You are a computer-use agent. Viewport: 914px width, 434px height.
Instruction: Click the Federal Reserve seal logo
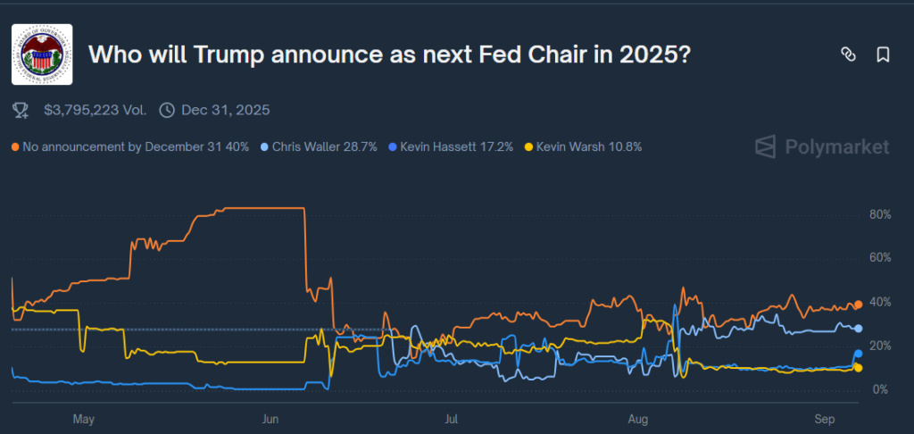click(x=42, y=54)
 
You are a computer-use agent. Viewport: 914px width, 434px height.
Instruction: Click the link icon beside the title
click(x=848, y=54)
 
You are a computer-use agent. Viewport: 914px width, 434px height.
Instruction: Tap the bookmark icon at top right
click(x=883, y=54)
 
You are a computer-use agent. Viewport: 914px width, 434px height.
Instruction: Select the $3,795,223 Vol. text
click(x=93, y=110)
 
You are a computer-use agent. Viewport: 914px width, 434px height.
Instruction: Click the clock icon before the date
click(x=166, y=110)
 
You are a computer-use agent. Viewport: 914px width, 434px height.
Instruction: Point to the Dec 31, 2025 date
click(x=225, y=110)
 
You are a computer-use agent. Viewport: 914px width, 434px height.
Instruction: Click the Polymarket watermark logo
click(x=822, y=146)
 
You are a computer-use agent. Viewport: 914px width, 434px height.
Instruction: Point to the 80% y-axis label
click(x=879, y=215)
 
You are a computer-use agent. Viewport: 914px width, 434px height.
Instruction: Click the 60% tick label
click(x=879, y=258)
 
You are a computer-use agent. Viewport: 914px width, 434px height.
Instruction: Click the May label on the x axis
click(x=83, y=418)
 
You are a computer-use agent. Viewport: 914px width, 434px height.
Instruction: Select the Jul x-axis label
click(x=452, y=418)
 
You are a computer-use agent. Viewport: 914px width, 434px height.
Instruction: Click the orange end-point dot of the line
click(x=858, y=305)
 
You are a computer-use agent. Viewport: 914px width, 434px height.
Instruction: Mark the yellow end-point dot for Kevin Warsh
click(x=858, y=367)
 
